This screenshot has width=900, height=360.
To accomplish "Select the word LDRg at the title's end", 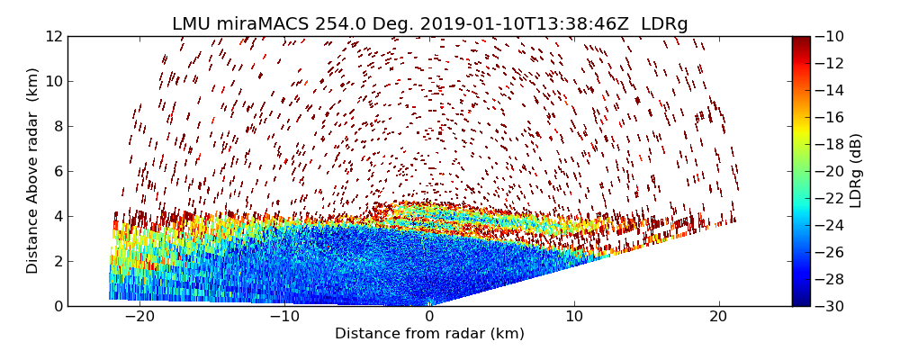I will (664, 24).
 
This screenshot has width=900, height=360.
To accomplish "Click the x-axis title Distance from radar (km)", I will (429, 334).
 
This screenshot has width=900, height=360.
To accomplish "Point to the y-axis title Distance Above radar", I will (33, 171).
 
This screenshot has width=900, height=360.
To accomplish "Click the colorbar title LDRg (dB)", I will (856, 171).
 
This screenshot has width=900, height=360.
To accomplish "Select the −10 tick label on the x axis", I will (284, 317).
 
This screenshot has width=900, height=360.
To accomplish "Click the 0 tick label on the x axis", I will (429, 317).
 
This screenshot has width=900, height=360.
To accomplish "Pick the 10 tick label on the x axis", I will (574, 317).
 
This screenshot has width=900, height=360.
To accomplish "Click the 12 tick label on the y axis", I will (54, 37).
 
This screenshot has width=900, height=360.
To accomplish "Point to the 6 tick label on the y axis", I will (58, 171).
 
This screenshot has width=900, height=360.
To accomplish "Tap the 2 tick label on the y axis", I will (58, 261).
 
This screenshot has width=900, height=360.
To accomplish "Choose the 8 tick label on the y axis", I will (58, 126).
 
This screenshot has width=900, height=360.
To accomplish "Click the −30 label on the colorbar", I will (830, 306).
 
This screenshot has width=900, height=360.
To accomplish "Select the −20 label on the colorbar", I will (830, 171).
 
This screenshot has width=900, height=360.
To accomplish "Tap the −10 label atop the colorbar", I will (830, 37).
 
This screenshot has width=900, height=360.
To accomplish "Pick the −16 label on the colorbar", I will (830, 117).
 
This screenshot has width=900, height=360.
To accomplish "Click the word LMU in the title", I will (192, 24).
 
